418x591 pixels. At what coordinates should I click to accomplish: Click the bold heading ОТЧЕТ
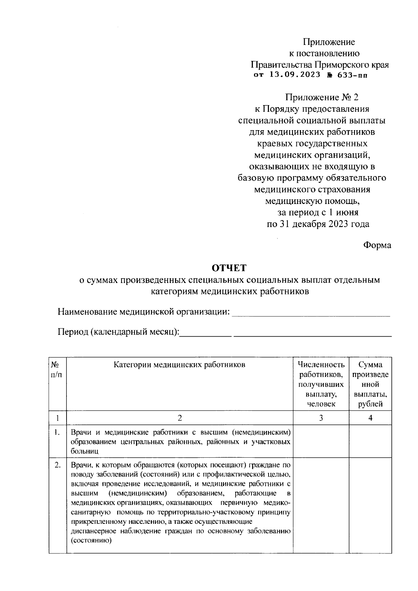pyautogui.click(x=229, y=268)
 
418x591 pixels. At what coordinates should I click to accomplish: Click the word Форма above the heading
pyautogui.click(x=377, y=245)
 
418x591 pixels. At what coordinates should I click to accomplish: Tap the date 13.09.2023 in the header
pyautogui.click(x=294, y=75)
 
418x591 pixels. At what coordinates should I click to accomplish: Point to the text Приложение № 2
pyautogui.click(x=322, y=97)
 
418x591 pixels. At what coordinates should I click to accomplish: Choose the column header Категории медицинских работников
pyautogui.click(x=179, y=365)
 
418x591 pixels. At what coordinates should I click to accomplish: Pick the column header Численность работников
pyautogui.click(x=321, y=384)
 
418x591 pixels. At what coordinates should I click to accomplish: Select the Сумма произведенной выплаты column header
pyautogui.click(x=370, y=384)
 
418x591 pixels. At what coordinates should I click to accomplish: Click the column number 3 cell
pyautogui.click(x=321, y=418)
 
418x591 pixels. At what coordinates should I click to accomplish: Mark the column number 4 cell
pyautogui.click(x=370, y=418)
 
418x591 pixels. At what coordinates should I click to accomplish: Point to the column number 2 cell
pyautogui.click(x=179, y=418)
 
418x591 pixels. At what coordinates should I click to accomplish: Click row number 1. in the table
pyautogui.click(x=57, y=433)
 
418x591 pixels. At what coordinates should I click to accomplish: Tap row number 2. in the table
pyautogui.click(x=57, y=465)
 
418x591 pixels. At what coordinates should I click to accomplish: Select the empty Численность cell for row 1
pyautogui.click(x=321, y=441)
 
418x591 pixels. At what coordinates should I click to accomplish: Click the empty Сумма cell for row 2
pyautogui.click(x=370, y=505)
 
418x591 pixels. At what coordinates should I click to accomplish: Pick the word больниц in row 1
pyautogui.click(x=85, y=451)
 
